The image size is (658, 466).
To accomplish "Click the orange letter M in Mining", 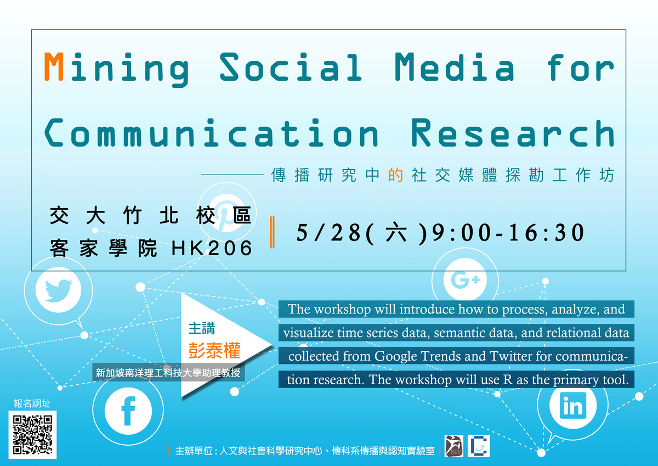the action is [54, 66].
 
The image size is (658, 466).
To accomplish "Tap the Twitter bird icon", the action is [59, 290].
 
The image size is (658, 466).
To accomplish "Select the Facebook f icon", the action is [128, 411].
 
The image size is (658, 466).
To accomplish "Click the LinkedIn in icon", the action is [572, 405].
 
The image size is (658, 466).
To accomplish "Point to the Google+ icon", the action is [465, 279].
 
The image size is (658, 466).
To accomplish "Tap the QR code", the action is [32, 435].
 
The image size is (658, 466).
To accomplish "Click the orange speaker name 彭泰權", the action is [214, 350].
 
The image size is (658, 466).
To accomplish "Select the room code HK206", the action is [212, 248].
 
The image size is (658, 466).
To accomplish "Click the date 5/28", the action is [328, 233].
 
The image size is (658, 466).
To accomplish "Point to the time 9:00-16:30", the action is [508, 233].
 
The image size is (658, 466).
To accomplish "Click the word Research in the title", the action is [513, 133].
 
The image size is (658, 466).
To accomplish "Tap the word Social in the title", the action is [291, 67].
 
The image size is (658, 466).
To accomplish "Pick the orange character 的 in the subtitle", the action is [395, 175].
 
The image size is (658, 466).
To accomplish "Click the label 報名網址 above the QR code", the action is [32, 403].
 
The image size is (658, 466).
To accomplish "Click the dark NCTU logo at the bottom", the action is [454, 446].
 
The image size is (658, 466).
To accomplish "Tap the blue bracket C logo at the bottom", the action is [479, 446].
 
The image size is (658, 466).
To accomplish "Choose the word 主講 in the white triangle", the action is [202, 328].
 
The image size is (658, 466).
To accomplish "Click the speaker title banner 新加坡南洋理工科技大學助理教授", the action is [168, 373].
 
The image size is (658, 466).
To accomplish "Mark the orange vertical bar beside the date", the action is [273, 232].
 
